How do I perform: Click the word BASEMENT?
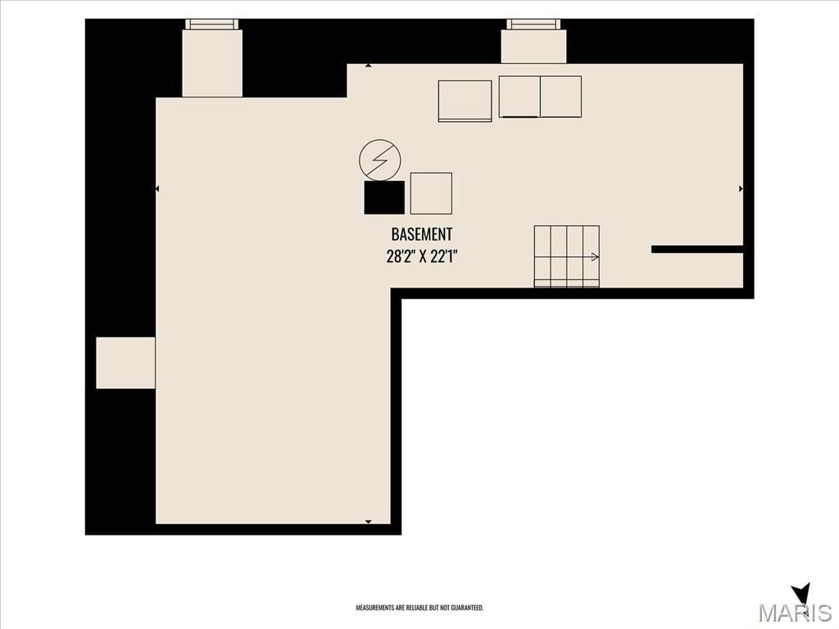(422, 234)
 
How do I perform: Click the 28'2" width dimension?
(399, 256)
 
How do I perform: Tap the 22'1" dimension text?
(445, 256)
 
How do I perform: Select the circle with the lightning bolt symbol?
(380, 160)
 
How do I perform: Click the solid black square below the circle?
(384, 197)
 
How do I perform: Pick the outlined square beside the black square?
(431, 193)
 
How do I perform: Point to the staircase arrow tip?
(597, 257)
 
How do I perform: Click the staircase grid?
(567, 256)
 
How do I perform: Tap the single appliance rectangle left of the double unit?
(465, 101)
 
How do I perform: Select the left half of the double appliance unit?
(519, 97)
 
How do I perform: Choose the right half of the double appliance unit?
(560, 97)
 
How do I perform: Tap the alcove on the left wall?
(125, 363)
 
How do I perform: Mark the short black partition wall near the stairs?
(697, 249)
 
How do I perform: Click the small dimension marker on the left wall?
(157, 189)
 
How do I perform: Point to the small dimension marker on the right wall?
(741, 189)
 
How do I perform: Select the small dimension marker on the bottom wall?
(368, 522)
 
